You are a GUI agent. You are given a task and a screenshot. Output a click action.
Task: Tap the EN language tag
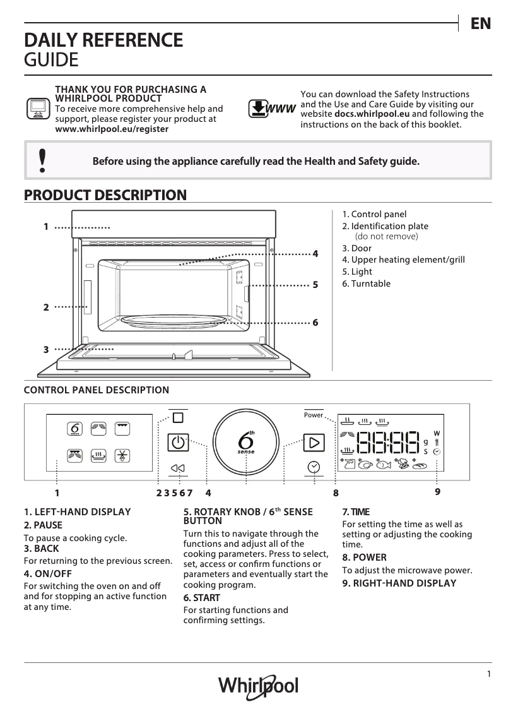(x=480, y=24)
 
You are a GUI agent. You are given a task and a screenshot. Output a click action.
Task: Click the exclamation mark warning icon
(x=42, y=161)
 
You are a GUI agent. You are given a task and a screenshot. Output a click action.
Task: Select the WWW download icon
(x=272, y=109)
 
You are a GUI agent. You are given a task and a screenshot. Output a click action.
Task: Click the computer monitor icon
(x=38, y=109)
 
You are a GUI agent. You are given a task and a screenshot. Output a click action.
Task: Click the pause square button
(x=178, y=417)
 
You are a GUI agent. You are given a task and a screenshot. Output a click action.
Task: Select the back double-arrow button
(x=178, y=468)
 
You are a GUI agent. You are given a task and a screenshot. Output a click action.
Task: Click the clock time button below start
(x=314, y=467)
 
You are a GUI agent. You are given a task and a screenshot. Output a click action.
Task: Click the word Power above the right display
(x=313, y=415)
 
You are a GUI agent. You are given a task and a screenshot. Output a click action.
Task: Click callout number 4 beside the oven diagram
(x=315, y=254)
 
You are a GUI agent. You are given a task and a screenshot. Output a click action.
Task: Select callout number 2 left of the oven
(x=46, y=307)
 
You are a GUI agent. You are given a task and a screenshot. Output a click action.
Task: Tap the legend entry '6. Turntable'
(x=367, y=283)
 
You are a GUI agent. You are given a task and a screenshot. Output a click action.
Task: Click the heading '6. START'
(x=201, y=597)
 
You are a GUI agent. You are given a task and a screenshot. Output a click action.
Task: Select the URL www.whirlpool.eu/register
(x=112, y=128)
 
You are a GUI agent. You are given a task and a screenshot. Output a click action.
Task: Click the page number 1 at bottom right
(x=488, y=674)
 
